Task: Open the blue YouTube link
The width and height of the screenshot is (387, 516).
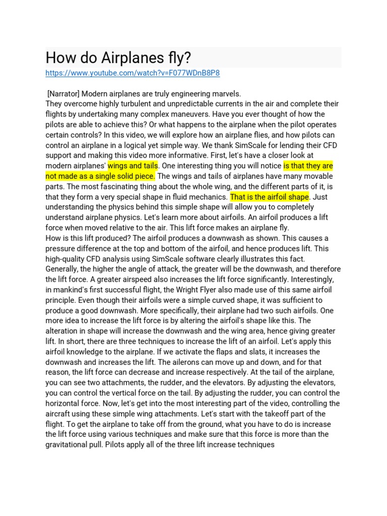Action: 133,73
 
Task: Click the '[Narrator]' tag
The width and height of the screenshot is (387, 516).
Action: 63,93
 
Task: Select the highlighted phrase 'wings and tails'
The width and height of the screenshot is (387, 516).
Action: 133,166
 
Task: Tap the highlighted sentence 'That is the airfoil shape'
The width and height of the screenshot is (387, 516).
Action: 270,197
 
